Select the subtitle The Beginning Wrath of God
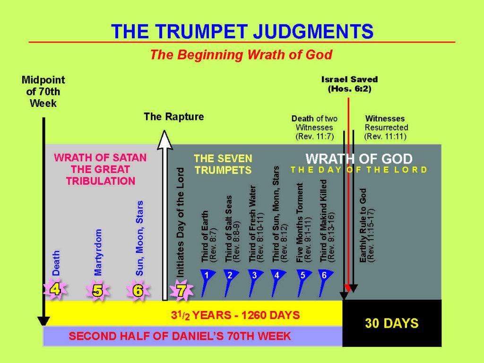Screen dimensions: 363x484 241,55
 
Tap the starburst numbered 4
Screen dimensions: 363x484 55,289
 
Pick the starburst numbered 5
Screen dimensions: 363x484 97,290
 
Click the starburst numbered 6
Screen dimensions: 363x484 138,290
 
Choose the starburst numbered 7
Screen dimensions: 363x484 181,290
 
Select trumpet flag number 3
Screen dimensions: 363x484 255,276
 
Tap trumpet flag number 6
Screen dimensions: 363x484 325,276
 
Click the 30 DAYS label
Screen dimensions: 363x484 391,323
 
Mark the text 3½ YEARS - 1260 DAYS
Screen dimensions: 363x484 235,315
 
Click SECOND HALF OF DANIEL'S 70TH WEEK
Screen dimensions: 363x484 180,337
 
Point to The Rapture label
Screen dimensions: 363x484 174,117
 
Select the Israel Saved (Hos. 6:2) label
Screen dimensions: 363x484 350,84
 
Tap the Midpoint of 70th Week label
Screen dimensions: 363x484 43,91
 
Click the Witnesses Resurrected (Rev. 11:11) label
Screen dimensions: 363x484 386,128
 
